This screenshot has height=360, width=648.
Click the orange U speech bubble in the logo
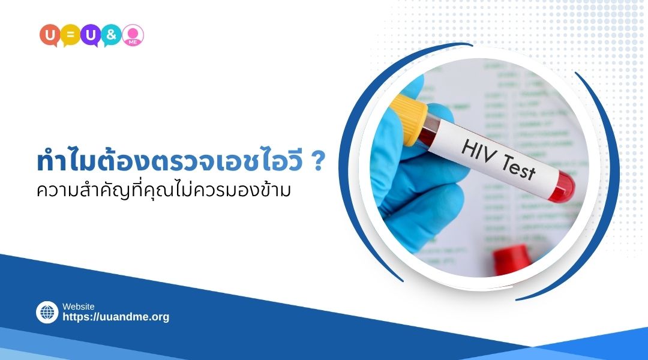49,34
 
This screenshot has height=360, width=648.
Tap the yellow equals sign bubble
70,34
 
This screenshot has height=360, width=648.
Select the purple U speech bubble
91,34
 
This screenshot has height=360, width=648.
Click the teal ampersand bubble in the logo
112,34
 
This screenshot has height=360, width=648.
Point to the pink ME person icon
133,34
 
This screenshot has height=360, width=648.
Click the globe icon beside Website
47,313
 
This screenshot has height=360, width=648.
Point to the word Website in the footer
79,307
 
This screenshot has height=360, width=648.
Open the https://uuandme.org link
116,317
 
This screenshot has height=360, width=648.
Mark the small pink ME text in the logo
133,40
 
